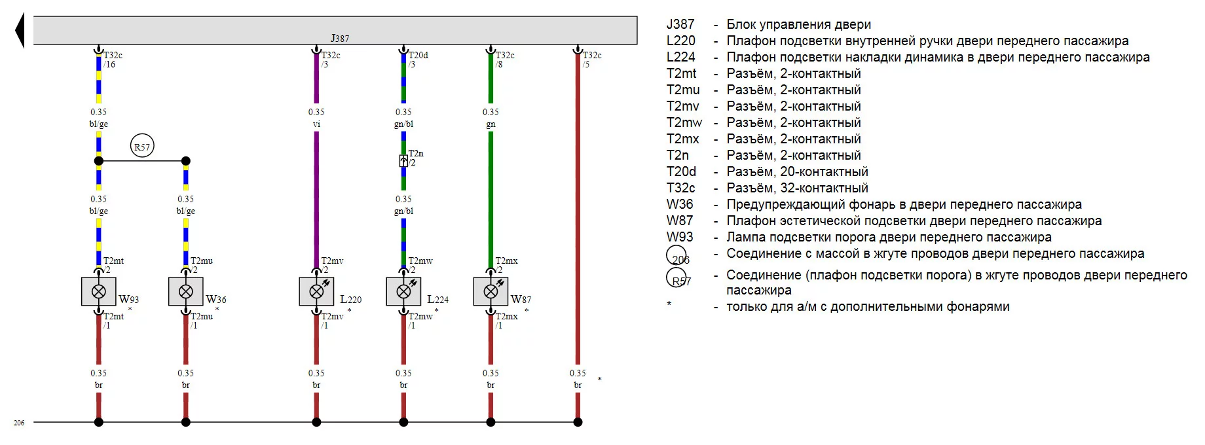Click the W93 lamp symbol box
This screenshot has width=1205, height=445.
(x=99, y=292)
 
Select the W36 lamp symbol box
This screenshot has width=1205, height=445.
(x=186, y=292)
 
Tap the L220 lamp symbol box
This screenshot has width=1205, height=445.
(x=316, y=292)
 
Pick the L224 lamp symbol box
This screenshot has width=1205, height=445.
(x=403, y=292)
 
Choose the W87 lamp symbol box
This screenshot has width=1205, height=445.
(x=491, y=292)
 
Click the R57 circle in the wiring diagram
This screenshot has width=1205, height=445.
(x=142, y=147)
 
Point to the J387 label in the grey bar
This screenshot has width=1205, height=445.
(x=339, y=39)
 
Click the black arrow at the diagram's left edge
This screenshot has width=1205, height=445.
(x=20, y=31)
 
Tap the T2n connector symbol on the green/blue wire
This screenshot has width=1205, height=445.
(x=403, y=160)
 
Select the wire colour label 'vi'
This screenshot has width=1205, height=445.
(x=316, y=124)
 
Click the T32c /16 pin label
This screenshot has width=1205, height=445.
(x=112, y=60)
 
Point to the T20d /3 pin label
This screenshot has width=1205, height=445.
(x=418, y=60)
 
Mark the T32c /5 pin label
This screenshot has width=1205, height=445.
(x=591, y=60)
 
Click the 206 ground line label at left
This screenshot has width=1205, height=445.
(x=19, y=423)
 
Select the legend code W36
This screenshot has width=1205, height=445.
(x=680, y=204)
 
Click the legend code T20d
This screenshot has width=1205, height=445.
(x=681, y=171)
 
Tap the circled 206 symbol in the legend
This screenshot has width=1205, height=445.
(x=677, y=256)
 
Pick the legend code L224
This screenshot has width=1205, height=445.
(x=680, y=57)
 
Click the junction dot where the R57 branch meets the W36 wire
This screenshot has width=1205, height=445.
(x=186, y=161)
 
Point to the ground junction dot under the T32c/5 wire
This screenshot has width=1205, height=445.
(x=578, y=422)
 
